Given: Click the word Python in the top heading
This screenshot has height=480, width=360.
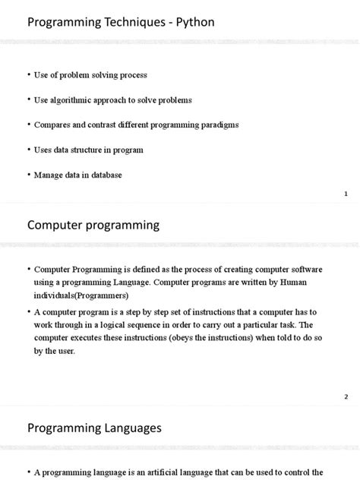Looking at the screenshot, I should tap(195, 23).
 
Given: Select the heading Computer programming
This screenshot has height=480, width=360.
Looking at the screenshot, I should tap(93, 225).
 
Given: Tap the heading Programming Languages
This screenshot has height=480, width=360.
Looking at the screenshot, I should tap(94, 428).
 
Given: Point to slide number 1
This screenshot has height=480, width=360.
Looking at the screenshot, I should tap(346, 195).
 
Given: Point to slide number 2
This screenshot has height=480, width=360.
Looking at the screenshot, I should tap(346, 396).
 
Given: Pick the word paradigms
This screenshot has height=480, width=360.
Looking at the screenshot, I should tap(216, 125).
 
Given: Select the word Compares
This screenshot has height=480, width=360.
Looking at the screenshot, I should tap(53, 125).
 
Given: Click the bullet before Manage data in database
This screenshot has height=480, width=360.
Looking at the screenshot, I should tap(29, 175).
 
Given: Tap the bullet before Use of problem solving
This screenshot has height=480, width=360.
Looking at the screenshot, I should tap(29, 74).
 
